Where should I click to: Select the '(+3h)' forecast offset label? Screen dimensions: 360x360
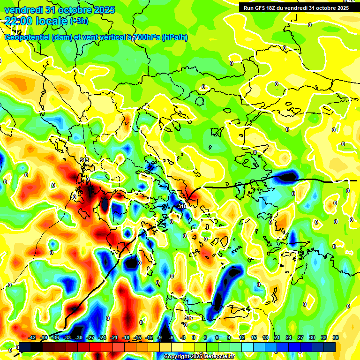pos(78,21)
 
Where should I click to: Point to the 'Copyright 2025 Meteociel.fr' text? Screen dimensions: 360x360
pos(199,357)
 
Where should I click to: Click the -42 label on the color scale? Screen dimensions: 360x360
pos(32,337)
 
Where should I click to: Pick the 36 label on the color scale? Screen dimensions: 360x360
pos(335,337)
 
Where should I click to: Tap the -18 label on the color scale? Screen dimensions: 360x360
pos(126,337)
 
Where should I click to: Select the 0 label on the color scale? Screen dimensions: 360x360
pos(194,337)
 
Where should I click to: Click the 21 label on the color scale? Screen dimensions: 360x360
pos(277,337)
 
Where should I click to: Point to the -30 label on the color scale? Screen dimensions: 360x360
pos(79,337)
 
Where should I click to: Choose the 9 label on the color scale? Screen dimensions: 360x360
pos(229,337)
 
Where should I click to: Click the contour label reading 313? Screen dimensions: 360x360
pos(84,160)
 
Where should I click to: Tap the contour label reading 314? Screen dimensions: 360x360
pos(182,206)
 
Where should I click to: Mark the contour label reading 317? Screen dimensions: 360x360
pos(188,318)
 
